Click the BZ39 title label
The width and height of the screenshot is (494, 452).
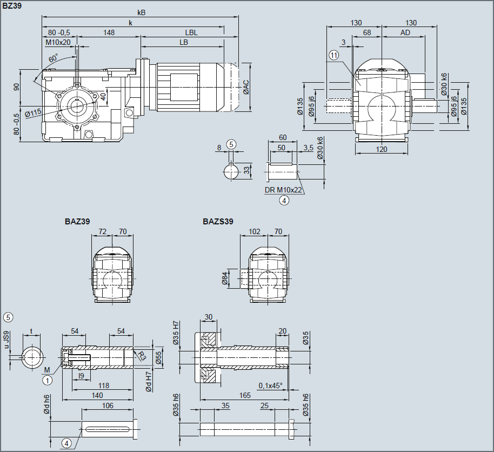[x=12, y=5]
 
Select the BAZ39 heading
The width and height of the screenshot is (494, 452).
[x=77, y=222]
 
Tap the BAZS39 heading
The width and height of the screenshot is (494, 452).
[x=218, y=222]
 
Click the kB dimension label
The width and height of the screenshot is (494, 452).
[x=142, y=12]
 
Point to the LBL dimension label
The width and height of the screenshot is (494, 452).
[x=191, y=32]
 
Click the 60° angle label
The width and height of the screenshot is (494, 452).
[x=54, y=58]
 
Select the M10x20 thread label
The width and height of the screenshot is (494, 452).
[x=58, y=42]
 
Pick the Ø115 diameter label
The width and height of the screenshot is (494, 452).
[x=34, y=113]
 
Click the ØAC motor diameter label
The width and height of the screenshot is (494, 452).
[x=246, y=87]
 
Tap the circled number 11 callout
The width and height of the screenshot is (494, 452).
[x=333, y=55]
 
